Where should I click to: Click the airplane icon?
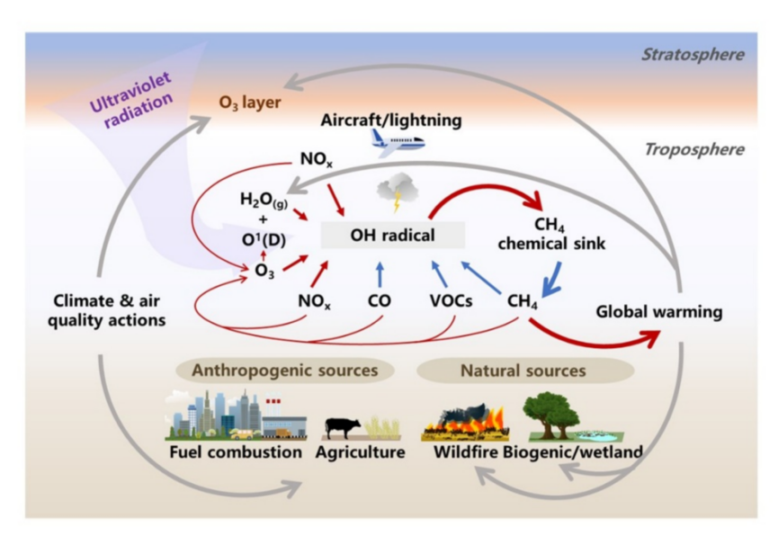coord(397,141)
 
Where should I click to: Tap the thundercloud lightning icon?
coord(395,194)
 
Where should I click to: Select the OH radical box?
coord(392,236)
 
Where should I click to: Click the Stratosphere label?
coord(692,55)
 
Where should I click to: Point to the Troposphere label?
coord(693,149)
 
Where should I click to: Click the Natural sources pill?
coord(523,369)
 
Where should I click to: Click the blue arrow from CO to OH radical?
coord(379,272)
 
